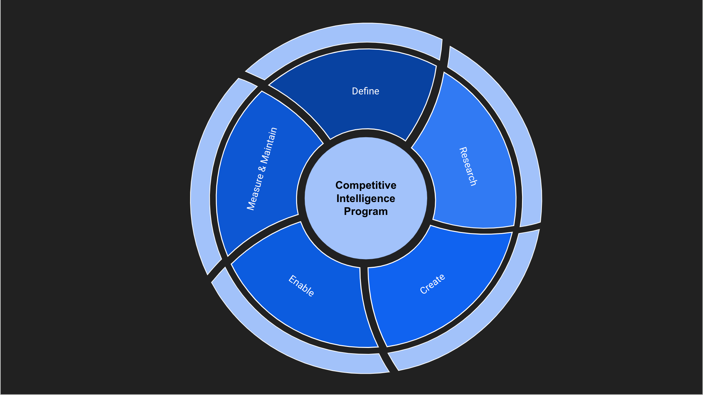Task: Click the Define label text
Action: point(365,91)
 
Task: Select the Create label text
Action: point(432,284)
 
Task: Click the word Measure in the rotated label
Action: point(255,191)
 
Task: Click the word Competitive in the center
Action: point(366,185)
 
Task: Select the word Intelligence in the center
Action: point(366,199)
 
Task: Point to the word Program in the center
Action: point(366,211)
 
